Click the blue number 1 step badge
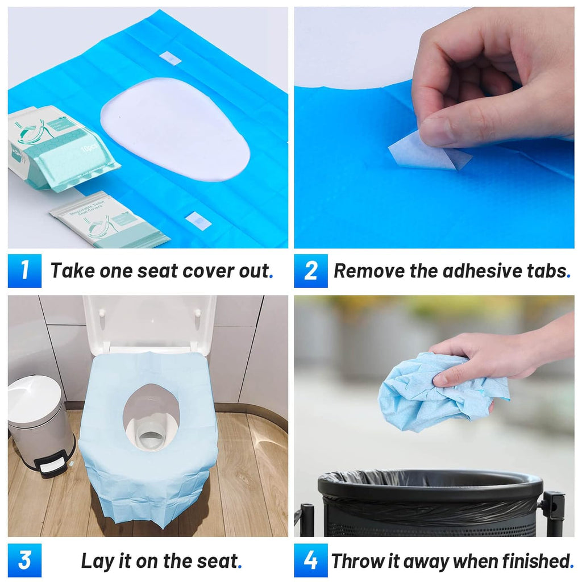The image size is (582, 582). coord(24,271)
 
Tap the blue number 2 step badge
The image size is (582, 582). coord(310,271)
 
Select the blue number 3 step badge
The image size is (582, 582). coord(24,560)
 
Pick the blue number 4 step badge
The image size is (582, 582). coord(310,560)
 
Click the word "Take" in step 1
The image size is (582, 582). coord(73,271)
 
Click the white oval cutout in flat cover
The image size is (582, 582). coord(175,128)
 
